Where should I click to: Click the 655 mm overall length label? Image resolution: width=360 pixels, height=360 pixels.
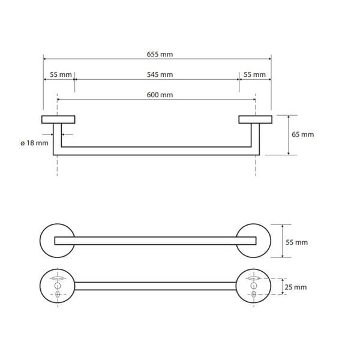pos(160,55)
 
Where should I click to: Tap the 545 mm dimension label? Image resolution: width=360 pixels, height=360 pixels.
pos(160,74)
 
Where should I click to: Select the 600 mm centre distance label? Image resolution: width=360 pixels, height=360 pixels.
pos(160,95)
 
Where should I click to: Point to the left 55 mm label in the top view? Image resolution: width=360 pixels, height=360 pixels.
pos(61,74)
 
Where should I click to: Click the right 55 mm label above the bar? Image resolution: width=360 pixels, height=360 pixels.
pos(254,74)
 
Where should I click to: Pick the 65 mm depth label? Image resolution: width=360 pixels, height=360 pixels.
pos(302,134)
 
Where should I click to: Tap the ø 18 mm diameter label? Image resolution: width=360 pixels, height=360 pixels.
pos(34,143)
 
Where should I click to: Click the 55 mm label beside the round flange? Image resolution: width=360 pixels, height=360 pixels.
pos(296,242)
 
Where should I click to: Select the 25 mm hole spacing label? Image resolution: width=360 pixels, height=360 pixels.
pos(296,287)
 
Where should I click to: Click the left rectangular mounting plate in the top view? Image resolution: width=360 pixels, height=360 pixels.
pos(58,119)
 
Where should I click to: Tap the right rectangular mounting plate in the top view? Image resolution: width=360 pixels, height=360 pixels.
pos(256,119)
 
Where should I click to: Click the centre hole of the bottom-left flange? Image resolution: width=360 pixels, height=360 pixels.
pos(58,286)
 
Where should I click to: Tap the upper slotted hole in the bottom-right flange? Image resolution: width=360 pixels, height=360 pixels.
pos(253,278)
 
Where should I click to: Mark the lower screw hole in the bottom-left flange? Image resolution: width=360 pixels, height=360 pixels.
pos(58,294)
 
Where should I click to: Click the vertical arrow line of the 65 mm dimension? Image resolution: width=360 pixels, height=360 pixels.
pos(289,135)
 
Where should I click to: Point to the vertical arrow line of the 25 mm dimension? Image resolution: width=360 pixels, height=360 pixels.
pos(283,286)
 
